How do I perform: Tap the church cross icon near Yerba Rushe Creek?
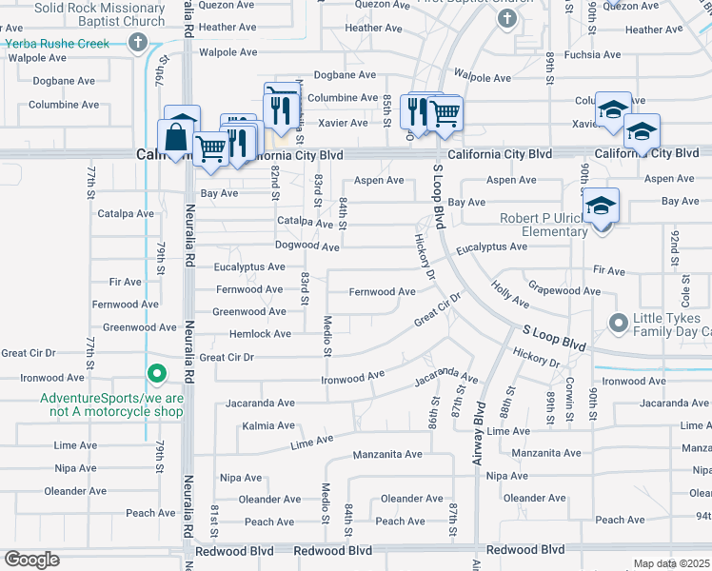(138, 42)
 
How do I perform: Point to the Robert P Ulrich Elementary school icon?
(602, 207)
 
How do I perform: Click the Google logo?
(31, 560)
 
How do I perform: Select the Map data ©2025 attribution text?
(671, 563)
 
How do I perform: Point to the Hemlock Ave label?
(260, 334)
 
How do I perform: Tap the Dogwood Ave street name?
(307, 246)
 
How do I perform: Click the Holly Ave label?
(510, 293)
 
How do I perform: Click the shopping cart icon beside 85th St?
(445, 113)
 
